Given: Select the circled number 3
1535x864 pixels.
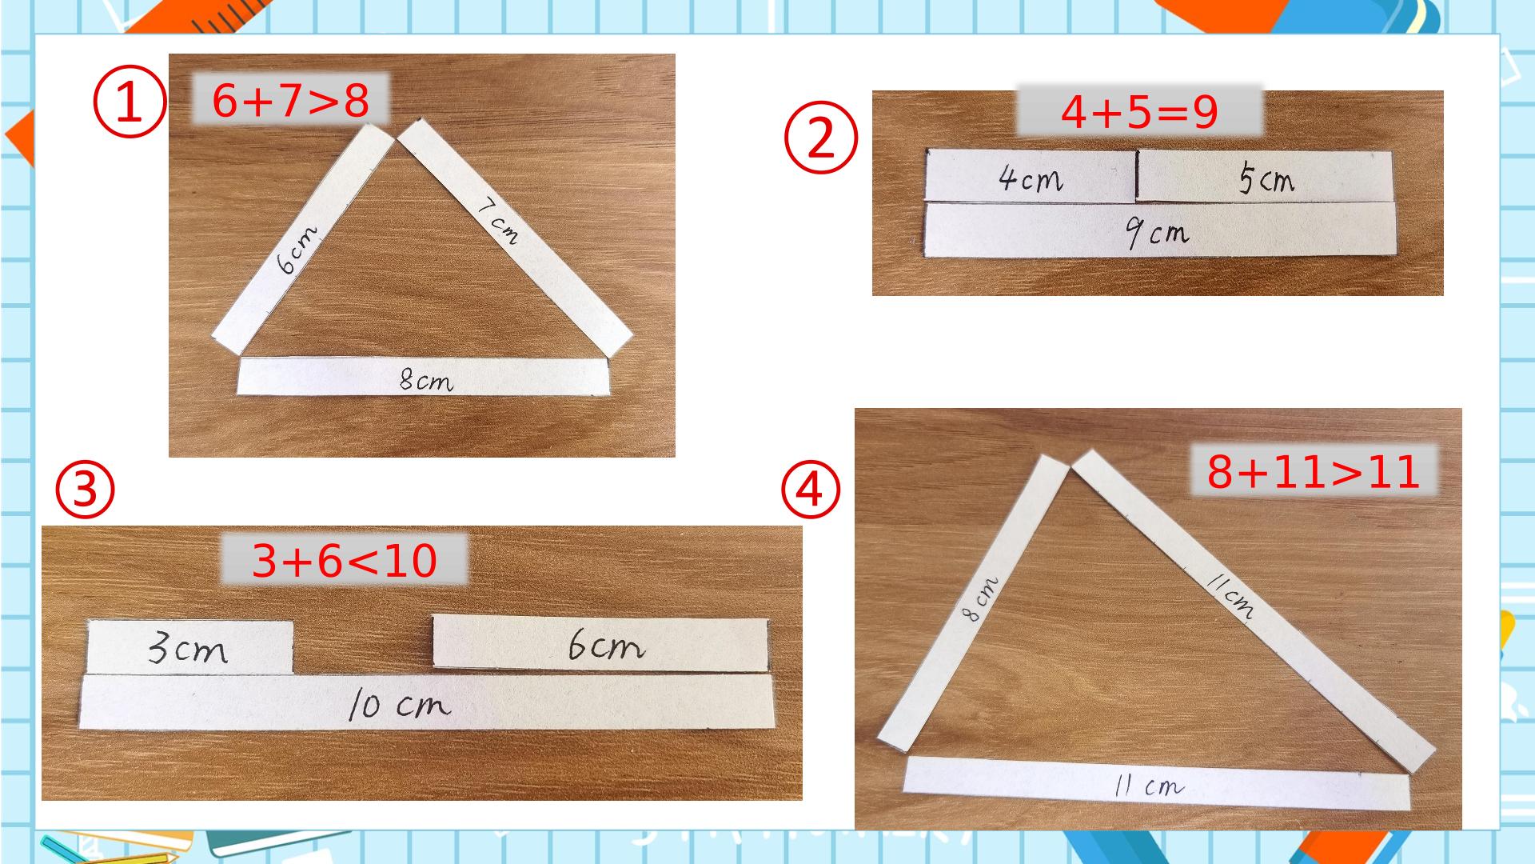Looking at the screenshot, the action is coord(85,492).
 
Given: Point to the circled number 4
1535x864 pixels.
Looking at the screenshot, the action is coord(811,490).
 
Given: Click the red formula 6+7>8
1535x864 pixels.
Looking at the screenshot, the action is coord(290,102).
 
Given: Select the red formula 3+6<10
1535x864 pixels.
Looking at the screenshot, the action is coord(345,562).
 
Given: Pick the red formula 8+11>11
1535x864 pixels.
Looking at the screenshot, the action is coord(1314,472).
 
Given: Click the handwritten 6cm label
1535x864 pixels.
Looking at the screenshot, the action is coord(297,250).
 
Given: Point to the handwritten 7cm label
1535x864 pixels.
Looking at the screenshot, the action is coord(497,222).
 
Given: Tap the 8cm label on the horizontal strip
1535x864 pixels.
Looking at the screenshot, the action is coord(426,382).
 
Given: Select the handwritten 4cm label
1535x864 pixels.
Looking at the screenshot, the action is coord(1031,179).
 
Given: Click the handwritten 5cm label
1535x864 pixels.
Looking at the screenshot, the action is coord(1266,179).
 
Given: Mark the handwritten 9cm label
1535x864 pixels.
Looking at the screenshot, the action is coord(1156,234).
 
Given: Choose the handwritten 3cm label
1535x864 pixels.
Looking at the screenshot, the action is coord(188,650).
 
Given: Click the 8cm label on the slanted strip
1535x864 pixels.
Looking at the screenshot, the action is coord(980,598).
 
